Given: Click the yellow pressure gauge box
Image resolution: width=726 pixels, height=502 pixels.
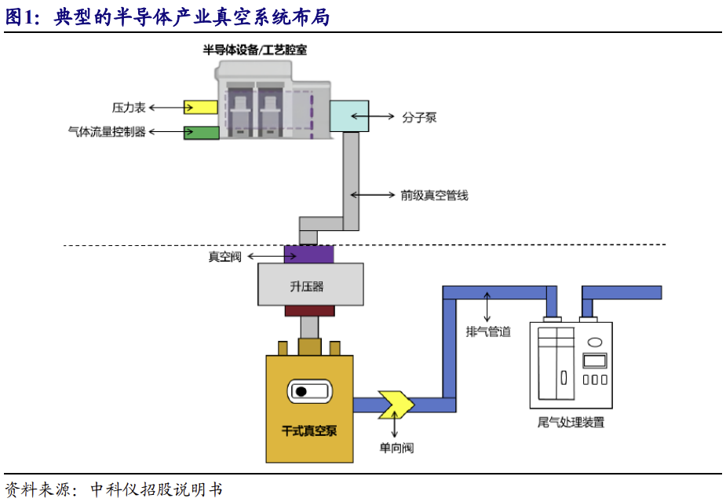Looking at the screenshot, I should [201, 107].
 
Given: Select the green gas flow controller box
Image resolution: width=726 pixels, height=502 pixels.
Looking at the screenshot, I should [201, 132].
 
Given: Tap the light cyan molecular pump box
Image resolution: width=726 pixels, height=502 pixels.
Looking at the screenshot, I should [348, 116].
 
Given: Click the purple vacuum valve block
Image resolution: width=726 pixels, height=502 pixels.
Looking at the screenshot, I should [309, 255].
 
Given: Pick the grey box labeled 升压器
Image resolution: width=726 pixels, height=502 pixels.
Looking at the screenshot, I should [310, 284].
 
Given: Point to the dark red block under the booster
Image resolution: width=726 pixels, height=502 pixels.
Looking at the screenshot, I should [309, 311].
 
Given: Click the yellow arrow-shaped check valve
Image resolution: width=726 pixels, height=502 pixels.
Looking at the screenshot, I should [395, 404].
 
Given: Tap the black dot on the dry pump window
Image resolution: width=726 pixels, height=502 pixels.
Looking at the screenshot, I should [301, 391].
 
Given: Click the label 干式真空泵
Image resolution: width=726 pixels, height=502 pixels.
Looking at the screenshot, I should [309, 431].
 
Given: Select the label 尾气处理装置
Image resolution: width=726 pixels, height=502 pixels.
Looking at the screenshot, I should [571, 423].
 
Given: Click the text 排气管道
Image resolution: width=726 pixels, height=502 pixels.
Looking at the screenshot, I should [487, 332].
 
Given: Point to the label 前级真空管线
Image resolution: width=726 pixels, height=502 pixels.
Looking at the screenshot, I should [434, 196].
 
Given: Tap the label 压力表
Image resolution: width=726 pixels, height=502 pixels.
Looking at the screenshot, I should [126, 107].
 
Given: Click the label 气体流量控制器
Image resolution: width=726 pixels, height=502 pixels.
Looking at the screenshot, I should [108, 132].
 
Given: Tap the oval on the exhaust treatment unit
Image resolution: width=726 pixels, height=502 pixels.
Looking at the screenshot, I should [595, 342].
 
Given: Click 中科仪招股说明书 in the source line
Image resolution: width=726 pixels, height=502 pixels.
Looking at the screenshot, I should [156, 489].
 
